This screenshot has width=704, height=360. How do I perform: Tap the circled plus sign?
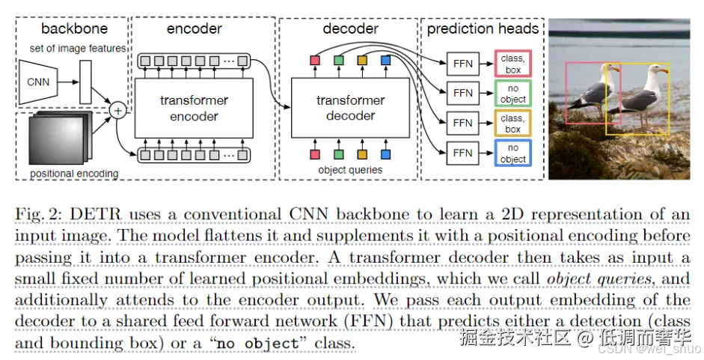[x=117, y=110]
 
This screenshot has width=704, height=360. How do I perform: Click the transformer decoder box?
[x=350, y=108]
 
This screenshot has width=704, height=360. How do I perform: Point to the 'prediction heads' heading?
[x=482, y=29]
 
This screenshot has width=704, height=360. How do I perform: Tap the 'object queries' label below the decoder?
[x=350, y=170]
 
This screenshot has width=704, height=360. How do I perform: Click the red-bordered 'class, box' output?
[x=512, y=64]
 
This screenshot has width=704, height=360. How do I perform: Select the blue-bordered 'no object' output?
[x=512, y=154]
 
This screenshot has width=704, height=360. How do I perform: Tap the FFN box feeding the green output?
[x=463, y=94]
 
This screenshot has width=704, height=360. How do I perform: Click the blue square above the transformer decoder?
[x=385, y=60]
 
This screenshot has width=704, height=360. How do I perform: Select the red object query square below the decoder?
[x=315, y=155]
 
